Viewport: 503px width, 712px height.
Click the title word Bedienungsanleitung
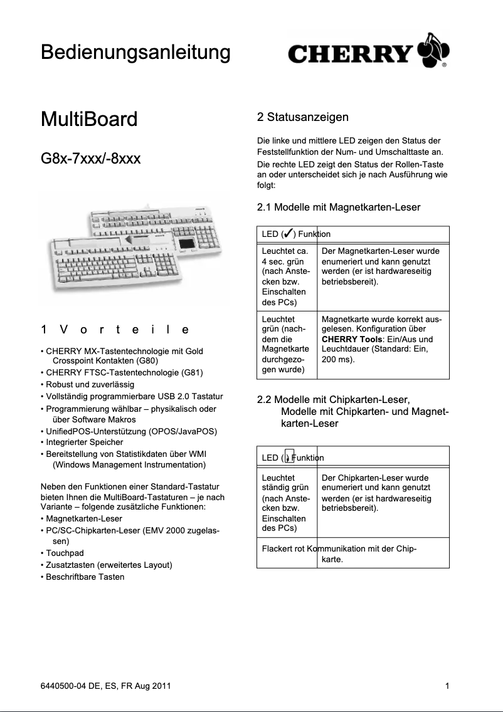135,52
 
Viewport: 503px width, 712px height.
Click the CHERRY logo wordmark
350,55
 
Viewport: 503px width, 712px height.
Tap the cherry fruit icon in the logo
433,50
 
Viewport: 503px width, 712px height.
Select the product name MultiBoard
88,119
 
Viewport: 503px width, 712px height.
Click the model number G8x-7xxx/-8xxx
90,158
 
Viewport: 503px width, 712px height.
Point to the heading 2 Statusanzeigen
302,117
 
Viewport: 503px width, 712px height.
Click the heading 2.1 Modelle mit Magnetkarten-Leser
339,207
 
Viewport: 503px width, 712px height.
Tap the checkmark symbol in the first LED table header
288,234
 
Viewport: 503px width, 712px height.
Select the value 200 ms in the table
337,360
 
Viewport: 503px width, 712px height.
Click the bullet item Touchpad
65,553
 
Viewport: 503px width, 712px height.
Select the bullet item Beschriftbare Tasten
85,577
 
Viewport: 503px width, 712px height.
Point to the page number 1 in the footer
447,686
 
